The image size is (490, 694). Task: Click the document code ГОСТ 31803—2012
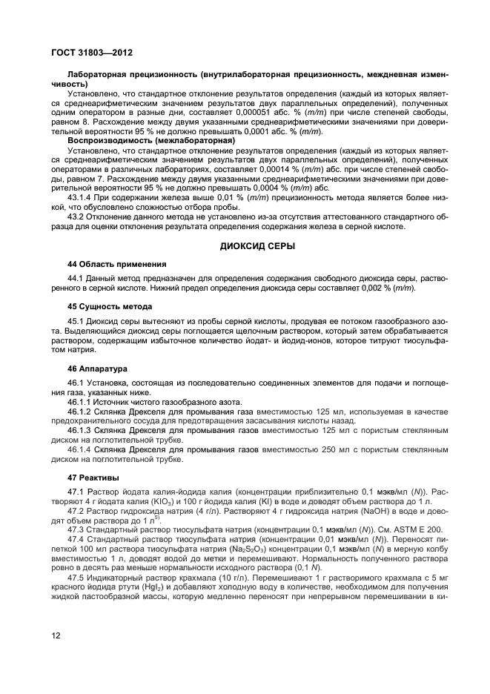tap(91, 53)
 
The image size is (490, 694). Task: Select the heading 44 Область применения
tap(116, 264)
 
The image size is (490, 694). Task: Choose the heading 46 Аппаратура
tap(96, 368)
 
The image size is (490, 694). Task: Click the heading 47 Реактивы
tap(92, 477)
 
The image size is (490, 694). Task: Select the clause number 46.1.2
tap(82, 411)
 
